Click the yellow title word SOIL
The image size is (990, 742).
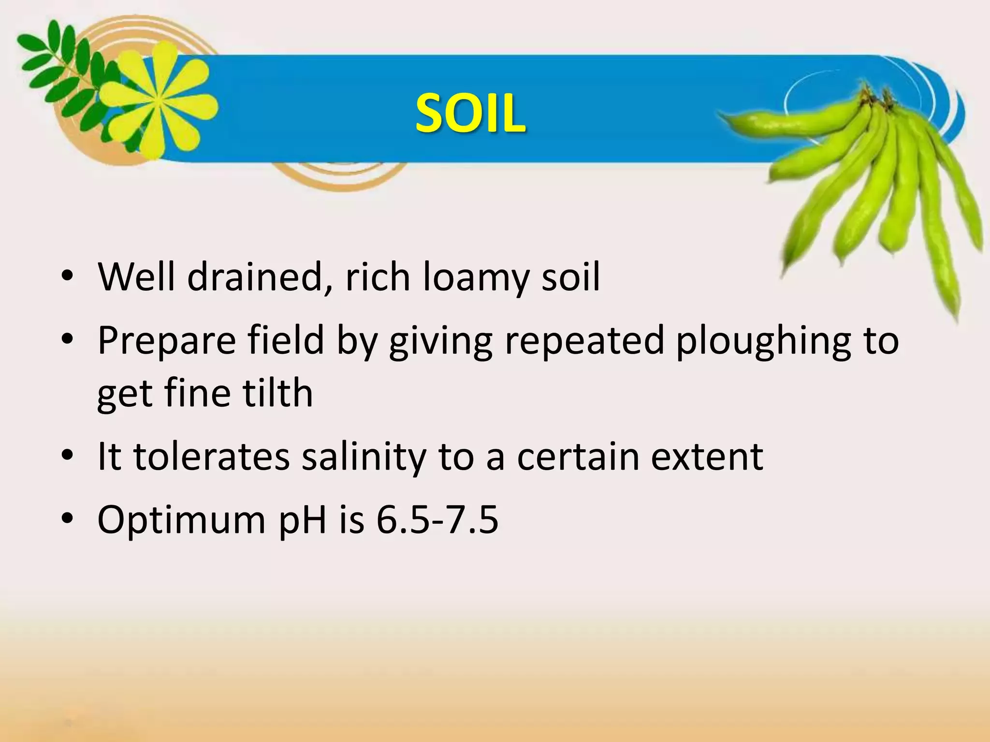pos(470,113)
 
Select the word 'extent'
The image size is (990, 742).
pos(707,457)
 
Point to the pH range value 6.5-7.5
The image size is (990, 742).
pos(437,520)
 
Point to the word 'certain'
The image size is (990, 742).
pos(578,457)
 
